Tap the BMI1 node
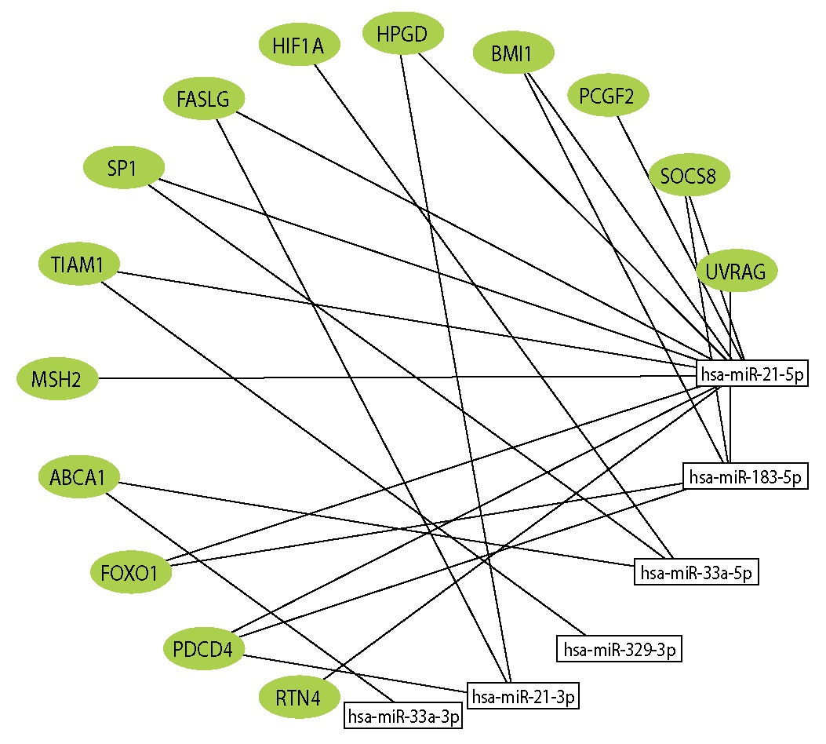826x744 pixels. click(514, 55)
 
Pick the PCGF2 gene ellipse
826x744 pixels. click(608, 96)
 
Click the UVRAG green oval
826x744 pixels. click(737, 271)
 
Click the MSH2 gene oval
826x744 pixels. click(58, 380)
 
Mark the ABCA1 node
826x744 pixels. click(78, 476)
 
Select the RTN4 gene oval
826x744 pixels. click(300, 697)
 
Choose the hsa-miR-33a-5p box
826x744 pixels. click(697, 573)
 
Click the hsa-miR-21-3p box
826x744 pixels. click(523, 695)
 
